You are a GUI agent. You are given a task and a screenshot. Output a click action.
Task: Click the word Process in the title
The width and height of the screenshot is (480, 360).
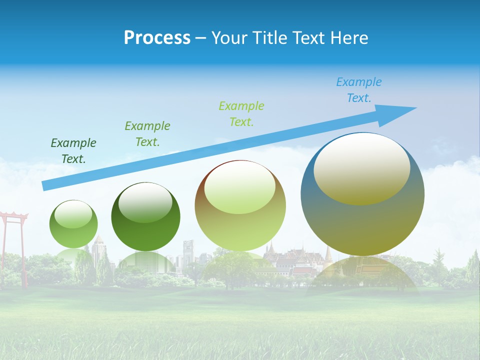[157, 38]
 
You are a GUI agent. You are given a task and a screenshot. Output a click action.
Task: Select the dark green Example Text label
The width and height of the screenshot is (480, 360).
[73, 150]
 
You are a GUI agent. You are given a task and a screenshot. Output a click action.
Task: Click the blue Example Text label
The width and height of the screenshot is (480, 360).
[359, 90]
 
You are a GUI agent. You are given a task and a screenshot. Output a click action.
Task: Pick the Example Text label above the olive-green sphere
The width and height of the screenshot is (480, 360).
[241, 113]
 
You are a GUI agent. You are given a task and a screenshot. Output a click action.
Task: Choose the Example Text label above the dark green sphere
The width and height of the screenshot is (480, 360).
[147, 133]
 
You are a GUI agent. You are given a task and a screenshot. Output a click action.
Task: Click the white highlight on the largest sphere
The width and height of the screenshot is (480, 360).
[361, 167]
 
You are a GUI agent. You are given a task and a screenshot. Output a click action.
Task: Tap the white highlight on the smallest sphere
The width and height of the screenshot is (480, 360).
[73, 214]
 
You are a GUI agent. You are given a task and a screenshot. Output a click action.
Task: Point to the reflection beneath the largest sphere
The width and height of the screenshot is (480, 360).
[362, 272]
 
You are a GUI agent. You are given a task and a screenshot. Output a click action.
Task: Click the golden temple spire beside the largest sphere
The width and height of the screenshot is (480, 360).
[328, 255]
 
